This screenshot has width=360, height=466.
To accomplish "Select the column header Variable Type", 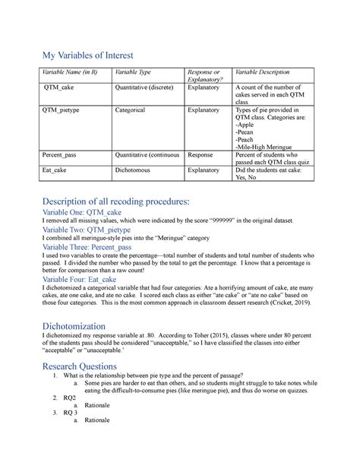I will tap(132, 72).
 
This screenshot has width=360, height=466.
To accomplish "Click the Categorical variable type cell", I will tap(130, 110).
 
